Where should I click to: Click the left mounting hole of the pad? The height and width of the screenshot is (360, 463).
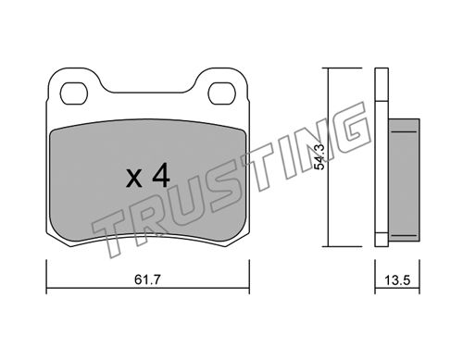74,93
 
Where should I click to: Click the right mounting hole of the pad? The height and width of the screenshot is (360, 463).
222,93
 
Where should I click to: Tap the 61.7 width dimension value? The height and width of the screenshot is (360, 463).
148,279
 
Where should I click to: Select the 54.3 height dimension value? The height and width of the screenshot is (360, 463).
319,156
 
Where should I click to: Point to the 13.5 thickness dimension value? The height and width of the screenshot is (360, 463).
397,280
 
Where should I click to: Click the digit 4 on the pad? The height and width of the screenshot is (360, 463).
161,175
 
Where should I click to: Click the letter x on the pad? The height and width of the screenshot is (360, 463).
134,179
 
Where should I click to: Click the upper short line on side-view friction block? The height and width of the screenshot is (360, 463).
404,131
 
